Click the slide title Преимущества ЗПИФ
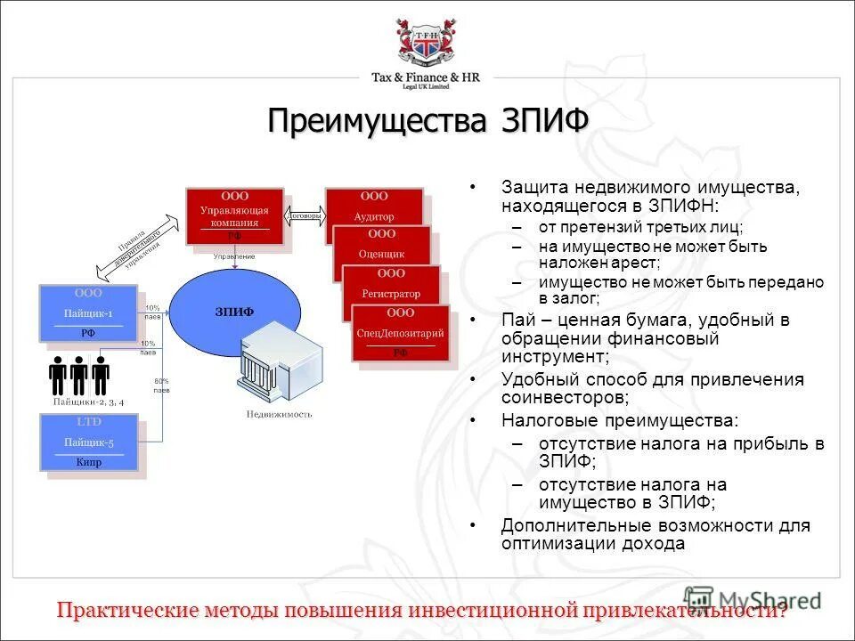427,120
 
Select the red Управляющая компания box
233,215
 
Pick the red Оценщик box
381,246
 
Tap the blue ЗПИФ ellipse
234,312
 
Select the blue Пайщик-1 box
87,312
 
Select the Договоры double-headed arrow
304,215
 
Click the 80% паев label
161,385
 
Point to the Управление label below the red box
233,256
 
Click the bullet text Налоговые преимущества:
619,419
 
